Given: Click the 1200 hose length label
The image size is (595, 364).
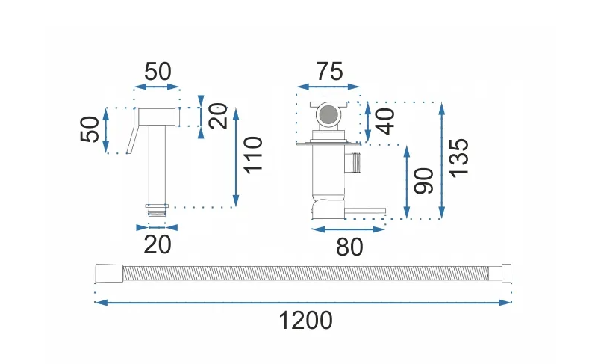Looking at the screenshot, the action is tap(306, 321).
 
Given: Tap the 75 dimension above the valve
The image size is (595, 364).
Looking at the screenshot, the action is tap(330, 72).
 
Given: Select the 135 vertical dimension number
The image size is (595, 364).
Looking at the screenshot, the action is tap(459, 158).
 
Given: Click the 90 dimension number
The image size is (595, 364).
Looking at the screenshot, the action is tap(423, 181).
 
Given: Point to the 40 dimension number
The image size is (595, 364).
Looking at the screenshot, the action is tap(385, 122).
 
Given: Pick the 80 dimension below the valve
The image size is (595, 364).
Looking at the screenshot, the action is tap(349, 247).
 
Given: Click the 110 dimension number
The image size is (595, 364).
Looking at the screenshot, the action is tap(253, 155).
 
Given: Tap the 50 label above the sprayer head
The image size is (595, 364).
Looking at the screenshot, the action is tap(158, 72).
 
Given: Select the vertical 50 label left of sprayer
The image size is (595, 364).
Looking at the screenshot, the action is tap(90, 129).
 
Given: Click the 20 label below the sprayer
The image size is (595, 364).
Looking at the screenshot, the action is tap(158, 244).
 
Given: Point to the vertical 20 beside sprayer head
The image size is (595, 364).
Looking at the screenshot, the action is tap(218, 117).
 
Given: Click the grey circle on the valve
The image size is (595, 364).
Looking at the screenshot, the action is tap(328, 115).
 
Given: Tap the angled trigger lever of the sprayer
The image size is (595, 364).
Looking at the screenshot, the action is tap(131, 131).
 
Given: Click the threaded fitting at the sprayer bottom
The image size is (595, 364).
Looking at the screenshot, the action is tap(157, 210).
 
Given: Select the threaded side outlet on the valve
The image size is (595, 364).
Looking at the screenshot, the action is tap(353, 163).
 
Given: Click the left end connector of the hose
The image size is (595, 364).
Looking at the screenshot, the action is tap(109, 274).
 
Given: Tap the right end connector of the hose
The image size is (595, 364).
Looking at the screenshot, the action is tap(499, 274).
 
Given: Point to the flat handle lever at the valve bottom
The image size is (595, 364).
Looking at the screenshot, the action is tap(364, 211).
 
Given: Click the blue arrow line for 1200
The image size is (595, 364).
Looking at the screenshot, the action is tap(303, 303).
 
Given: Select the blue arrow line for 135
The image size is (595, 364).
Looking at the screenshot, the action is tap(441, 161).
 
